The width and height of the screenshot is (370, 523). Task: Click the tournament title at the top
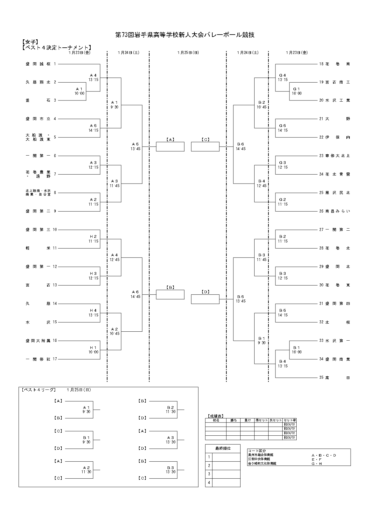pyautogui.click(x=185, y=35)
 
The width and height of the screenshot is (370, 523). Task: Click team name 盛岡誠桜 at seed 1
pyautogui.click(x=38, y=64)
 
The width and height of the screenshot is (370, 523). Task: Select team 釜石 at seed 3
pyautogui.click(x=38, y=100)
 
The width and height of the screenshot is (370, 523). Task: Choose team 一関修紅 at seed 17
pyautogui.click(x=38, y=359)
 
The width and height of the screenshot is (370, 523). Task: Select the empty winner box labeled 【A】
pyautogui.click(x=170, y=147)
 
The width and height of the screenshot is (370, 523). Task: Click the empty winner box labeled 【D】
pyautogui.click(x=205, y=299)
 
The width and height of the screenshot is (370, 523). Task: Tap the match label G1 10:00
pyautogui.click(x=297, y=91)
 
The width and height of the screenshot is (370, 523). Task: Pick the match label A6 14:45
pyautogui.click(x=135, y=294)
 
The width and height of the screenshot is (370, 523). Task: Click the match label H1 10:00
pyautogui.click(x=93, y=350)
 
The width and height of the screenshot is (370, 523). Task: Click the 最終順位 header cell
pyautogui.click(x=223, y=448)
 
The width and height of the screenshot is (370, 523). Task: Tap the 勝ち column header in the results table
pyautogui.click(x=233, y=420)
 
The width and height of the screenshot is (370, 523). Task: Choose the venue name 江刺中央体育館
pyautogui.click(x=259, y=459)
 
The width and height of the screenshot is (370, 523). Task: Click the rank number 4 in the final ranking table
pyautogui.click(x=209, y=483)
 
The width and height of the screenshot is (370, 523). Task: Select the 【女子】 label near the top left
pyautogui.click(x=30, y=42)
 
